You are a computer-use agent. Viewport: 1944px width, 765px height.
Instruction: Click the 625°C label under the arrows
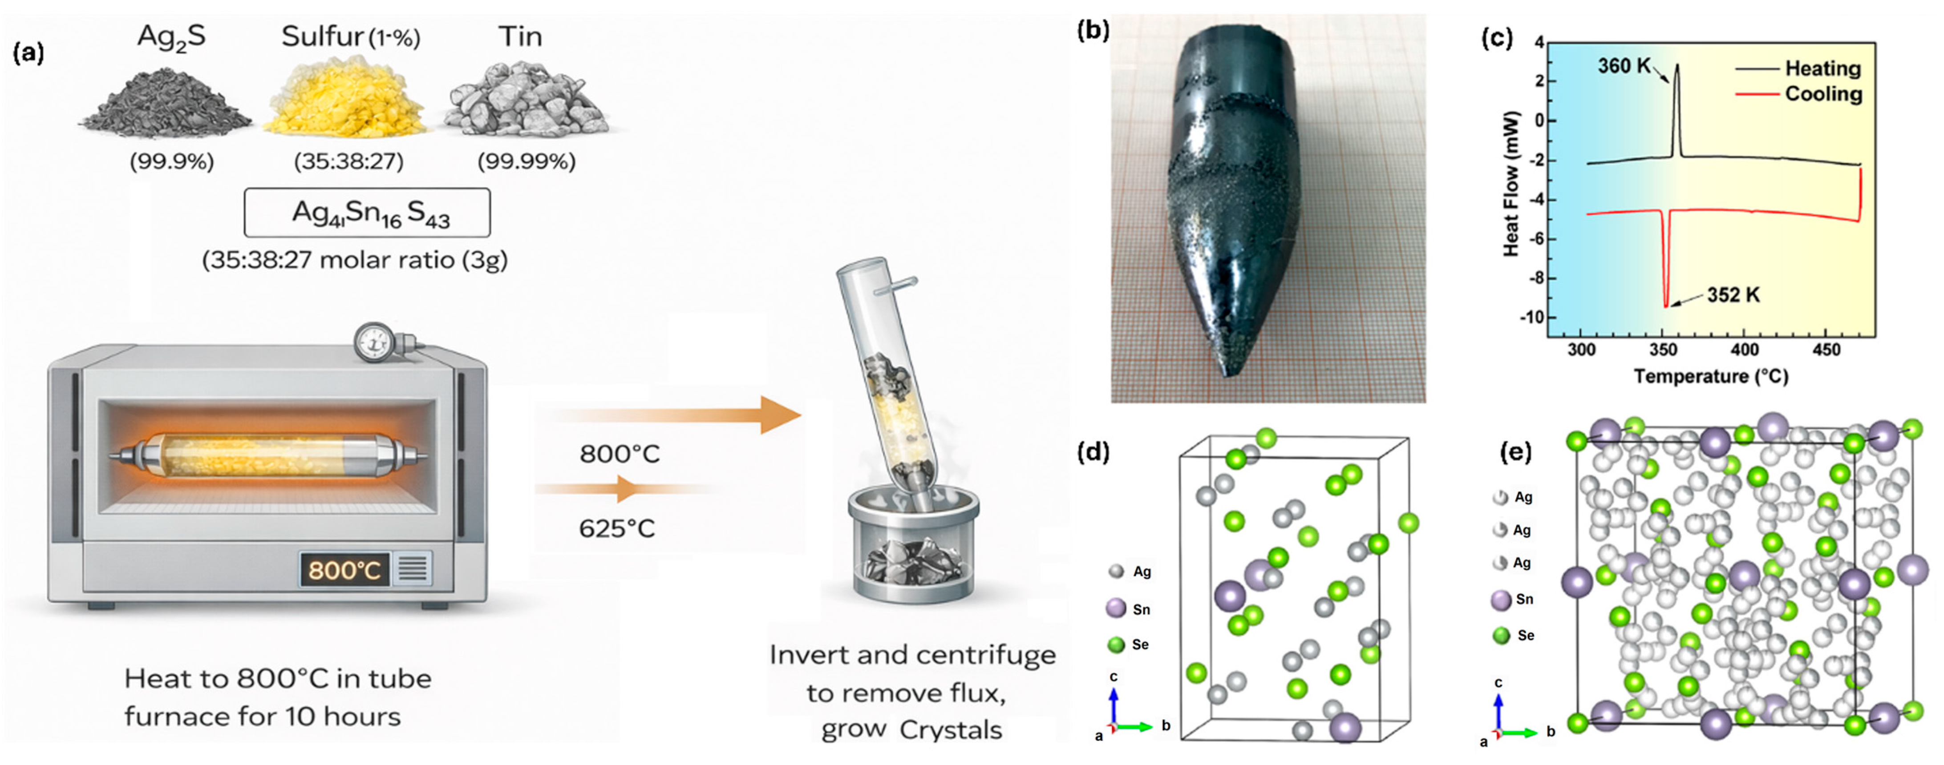tap(616, 528)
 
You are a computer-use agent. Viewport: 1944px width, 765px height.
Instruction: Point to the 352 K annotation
tap(1732, 295)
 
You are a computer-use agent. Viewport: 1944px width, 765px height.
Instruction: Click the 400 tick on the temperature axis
tap(1744, 350)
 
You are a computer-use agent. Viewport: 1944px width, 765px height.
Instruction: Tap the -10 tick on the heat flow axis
tap(1531, 318)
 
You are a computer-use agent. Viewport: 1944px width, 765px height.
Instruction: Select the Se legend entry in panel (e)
tap(1514, 635)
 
